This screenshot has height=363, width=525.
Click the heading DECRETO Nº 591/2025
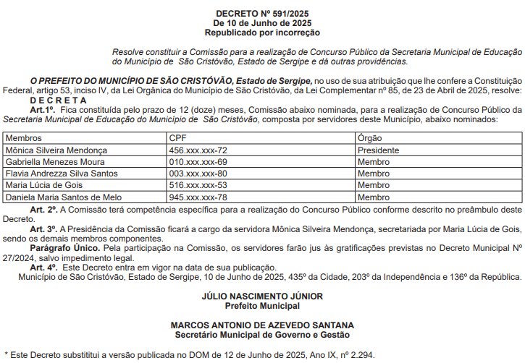coord(262,14)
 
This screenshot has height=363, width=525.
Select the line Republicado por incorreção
coord(262,33)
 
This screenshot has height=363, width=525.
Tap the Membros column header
coord(23,138)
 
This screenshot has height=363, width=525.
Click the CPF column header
coord(177,138)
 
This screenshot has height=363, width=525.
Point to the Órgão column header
coord(370,138)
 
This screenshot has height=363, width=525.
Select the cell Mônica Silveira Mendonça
coord(56,150)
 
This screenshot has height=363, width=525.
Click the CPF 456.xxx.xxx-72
coord(198,150)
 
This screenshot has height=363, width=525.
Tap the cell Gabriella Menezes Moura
coord(54,162)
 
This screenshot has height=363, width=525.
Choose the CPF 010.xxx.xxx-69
coord(198,162)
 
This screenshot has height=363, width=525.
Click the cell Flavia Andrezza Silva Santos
coord(62,174)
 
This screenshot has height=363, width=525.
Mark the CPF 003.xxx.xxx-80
coord(198,174)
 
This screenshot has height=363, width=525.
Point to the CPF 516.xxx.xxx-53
coord(198,185)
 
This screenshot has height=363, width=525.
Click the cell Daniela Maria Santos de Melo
coord(64,197)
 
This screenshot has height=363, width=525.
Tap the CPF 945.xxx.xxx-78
coord(198,197)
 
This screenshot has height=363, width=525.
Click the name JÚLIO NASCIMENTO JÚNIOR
coord(262,296)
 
